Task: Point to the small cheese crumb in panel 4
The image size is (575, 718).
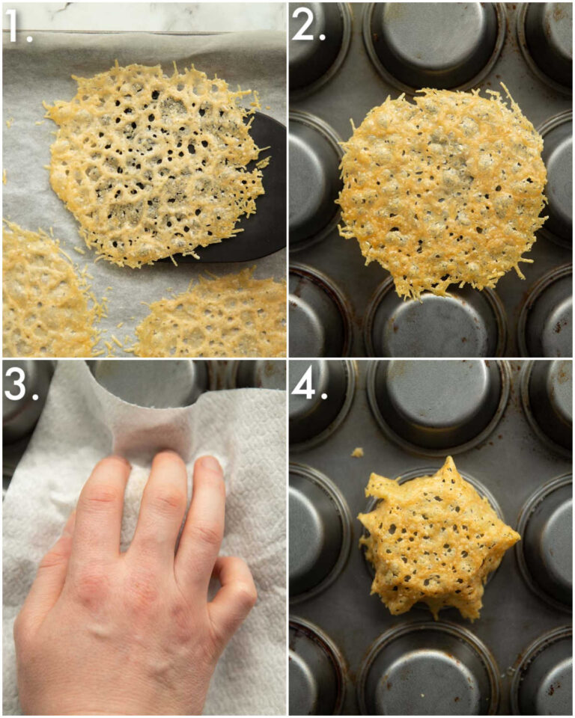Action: coord(356,452)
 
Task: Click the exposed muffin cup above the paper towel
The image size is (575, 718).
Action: coord(147,382)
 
